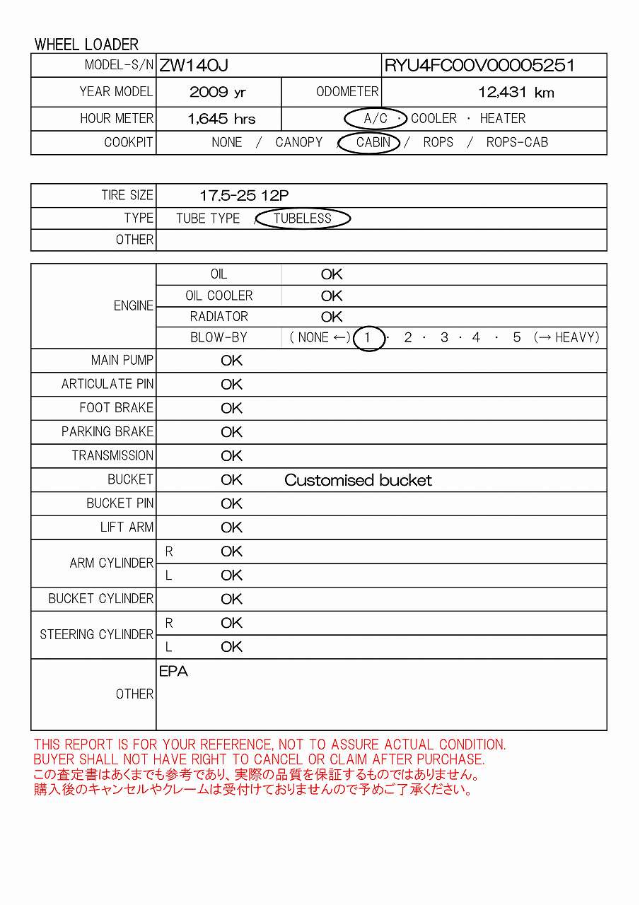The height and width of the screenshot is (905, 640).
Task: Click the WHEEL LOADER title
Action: [86, 45]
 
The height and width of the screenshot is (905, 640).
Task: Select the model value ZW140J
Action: [193, 66]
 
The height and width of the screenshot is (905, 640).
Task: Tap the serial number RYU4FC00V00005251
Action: [479, 66]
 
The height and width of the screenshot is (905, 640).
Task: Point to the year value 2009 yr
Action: [218, 92]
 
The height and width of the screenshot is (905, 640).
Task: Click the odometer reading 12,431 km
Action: [516, 92]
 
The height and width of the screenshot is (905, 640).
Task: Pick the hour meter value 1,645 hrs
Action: [221, 119]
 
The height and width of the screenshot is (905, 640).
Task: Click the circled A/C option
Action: [375, 119]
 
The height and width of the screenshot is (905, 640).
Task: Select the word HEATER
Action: [502, 119]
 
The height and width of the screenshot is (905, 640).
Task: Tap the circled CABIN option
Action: [373, 142]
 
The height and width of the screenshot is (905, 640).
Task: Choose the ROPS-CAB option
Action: [517, 142]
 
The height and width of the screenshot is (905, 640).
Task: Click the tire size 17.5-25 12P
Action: [244, 196]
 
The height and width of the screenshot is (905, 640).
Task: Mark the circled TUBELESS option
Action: [302, 218]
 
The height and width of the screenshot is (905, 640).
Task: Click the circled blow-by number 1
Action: [367, 338]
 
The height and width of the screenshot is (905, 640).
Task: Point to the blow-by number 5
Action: [517, 338]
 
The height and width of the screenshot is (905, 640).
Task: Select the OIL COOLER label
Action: [219, 296]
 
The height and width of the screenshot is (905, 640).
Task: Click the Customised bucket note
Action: [358, 481]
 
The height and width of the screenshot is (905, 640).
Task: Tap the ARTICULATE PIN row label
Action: [107, 385]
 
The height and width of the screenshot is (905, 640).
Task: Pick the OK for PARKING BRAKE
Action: [231, 432]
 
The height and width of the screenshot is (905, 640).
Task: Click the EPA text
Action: [173, 672]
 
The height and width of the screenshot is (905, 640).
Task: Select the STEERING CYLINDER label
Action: [96, 635]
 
